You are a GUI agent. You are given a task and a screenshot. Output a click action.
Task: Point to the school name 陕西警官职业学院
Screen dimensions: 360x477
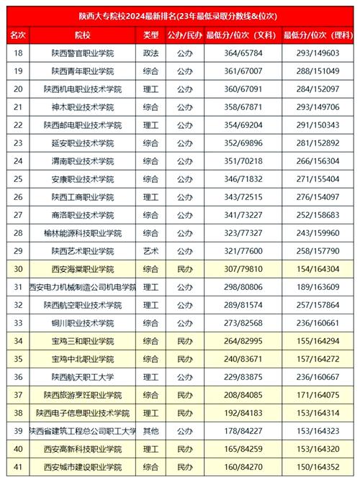pyautogui.click(x=82, y=53)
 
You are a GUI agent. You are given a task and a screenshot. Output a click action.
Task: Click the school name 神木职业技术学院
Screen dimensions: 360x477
pyautogui.click(x=82, y=107)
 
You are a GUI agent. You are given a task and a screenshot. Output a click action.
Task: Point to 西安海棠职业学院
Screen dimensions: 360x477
pyautogui.click(x=82, y=269)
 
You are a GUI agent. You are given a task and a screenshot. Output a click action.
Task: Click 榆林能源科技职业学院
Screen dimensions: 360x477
pyautogui.click(x=82, y=233)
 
